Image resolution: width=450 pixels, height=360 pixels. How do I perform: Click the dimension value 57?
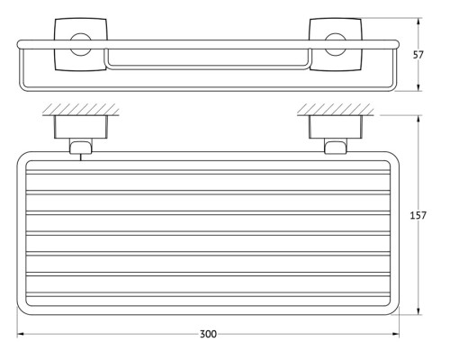point(418,55)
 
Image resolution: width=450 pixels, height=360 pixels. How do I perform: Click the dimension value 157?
point(418,215)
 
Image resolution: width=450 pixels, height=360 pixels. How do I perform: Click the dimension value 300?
point(208,334)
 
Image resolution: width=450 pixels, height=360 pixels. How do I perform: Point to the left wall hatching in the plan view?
point(79,110)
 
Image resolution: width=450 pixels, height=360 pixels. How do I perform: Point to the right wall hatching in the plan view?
point(336,110)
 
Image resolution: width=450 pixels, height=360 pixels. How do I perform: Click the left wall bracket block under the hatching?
point(80,127)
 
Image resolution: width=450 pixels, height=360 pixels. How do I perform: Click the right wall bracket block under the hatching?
point(336,127)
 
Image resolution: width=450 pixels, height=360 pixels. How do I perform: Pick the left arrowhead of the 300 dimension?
point(21,334)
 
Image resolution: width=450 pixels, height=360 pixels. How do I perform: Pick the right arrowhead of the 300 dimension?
point(395,334)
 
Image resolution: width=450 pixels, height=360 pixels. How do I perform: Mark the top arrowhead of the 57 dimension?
point(418,22)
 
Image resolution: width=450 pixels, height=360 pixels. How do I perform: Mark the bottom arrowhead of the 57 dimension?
point(418,87)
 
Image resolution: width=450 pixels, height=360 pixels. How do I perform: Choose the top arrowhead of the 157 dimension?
point(418,119)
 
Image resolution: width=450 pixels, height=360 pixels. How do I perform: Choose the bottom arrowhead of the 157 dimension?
point(418,311)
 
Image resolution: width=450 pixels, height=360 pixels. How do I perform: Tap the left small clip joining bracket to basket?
point(80,146)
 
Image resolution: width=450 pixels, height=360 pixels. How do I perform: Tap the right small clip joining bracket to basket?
point(336,146)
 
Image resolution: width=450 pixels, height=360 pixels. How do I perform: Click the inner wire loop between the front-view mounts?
point(208,67)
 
